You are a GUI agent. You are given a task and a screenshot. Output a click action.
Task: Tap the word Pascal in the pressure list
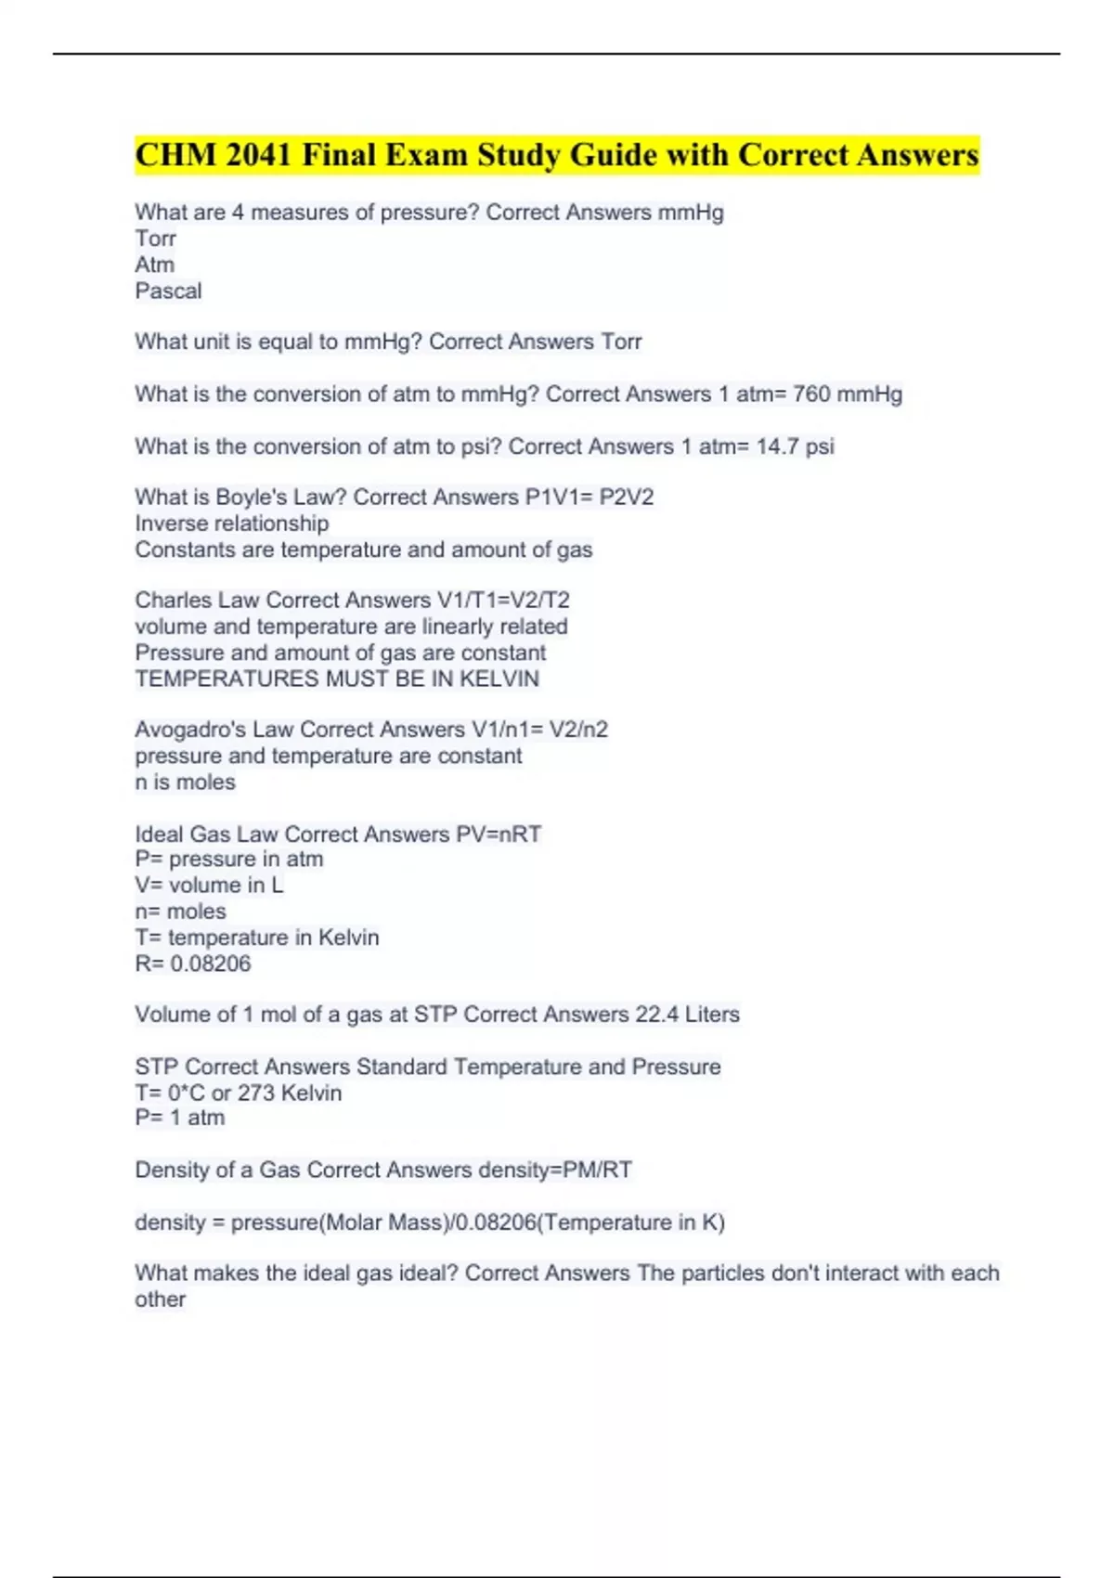pyautogui.click(x=168, y=291)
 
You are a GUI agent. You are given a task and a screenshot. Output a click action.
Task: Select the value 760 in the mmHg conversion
pyautogui.click(x=811, y=394)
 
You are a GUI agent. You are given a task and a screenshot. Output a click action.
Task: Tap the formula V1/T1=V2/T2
pyautogui.click(x=503, y=601)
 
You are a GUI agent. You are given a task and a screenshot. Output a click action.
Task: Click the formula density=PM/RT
pyautogui.click(x=555, y=1170)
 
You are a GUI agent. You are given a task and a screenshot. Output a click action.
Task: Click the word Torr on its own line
pyautogui.click(x=155, y=239)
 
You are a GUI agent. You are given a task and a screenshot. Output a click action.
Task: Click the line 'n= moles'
pyautogui.click(x=180, y=912)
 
